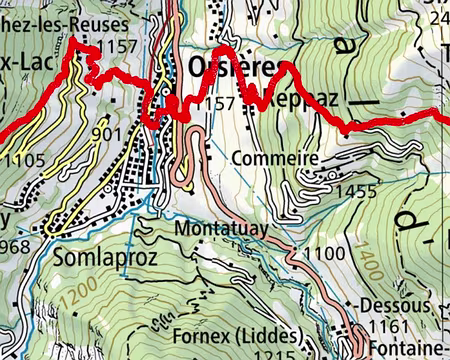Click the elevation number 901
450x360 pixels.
[x=107, y=133]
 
